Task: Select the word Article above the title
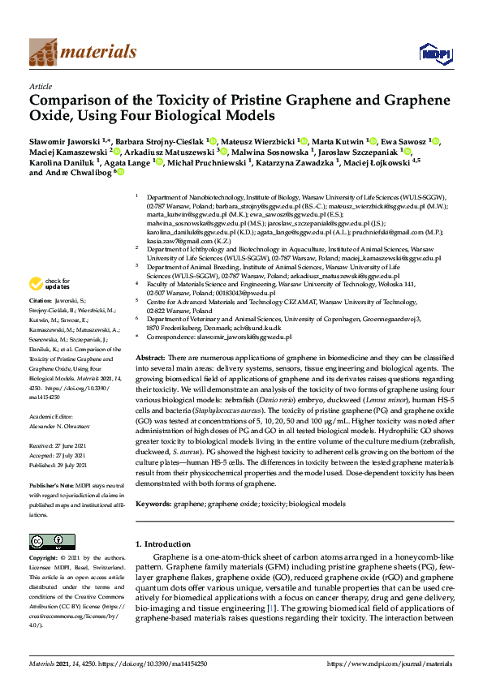tap(40, 85)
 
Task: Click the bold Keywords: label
tap(154, 503)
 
